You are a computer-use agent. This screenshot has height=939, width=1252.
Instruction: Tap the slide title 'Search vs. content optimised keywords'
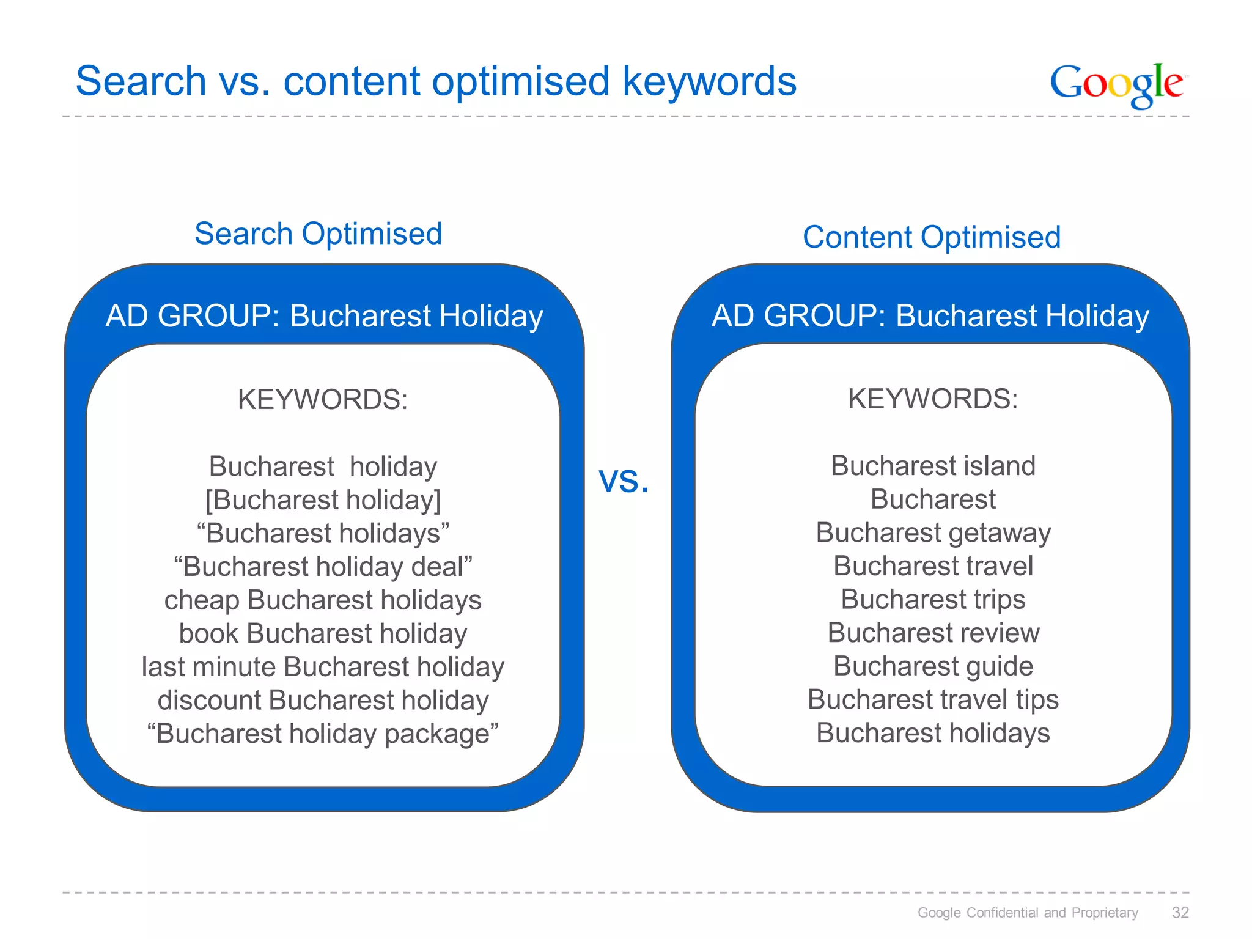(x=436, y=81)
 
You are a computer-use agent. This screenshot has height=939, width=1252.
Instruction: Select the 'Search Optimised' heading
(x=318, y=234)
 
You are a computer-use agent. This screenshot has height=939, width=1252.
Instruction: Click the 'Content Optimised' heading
(x=931, y=237)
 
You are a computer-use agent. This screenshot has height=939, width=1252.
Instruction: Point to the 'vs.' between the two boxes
(x=624, y=480)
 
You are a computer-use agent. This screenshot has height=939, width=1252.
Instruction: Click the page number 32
(x=1180, y=913)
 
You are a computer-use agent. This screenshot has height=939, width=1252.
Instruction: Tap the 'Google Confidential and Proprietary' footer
(x=1027, y=913)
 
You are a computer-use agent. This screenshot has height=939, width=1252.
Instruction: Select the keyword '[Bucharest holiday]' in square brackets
(x=323, y=500)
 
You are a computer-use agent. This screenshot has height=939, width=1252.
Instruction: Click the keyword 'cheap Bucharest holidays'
(x=323, y=600)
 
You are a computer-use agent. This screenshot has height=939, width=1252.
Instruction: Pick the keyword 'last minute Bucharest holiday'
(x=323, y=667)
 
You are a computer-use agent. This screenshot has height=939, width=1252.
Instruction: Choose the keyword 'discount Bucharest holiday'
(x=323, y=701)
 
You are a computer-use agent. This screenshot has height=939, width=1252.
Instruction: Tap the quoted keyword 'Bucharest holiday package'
(x=323, y=734)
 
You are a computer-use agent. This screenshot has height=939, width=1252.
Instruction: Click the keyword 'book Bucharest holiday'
(x=323, y=634)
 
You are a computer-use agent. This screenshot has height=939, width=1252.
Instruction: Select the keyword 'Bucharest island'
(x=933, y=466)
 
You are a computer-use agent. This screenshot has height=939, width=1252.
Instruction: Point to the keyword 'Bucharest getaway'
(x=933, y=532)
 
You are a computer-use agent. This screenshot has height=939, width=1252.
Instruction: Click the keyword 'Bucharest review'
(x=933, y=633)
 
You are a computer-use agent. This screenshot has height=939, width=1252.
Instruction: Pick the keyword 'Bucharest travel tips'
(x=933, y=699)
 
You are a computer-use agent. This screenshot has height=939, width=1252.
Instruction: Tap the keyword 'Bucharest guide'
(x=933, y=666)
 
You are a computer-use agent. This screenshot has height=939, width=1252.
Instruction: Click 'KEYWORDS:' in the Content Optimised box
(x=933, y=399)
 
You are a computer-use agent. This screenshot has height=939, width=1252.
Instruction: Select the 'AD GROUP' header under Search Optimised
(x=324, y=316)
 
